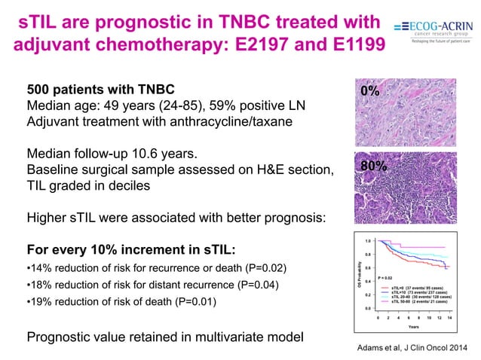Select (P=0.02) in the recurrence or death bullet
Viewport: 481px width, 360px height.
click(262, 269)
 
